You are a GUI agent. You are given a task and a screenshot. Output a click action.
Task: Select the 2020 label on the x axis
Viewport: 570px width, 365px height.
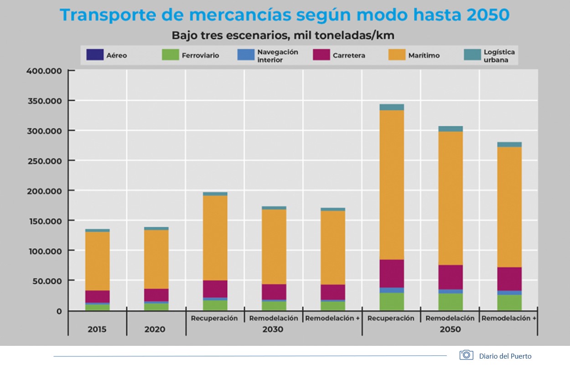click(x=155, y=329)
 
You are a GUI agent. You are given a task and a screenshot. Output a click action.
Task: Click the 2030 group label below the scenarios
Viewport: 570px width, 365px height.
click(x=273, y=329)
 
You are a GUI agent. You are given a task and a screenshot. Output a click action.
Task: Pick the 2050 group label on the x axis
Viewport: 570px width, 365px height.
click(x=450, y=329)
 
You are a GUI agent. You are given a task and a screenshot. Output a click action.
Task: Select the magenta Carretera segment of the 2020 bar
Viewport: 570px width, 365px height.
click(x=156, y=295)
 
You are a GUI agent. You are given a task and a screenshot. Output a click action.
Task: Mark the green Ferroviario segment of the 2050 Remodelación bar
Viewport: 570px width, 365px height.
click(x=451, y=302)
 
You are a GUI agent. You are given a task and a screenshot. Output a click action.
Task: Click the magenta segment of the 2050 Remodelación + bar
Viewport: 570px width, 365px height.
click(x=509, y=279)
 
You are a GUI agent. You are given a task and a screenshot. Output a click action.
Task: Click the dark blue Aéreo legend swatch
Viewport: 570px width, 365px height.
click(x=94, y=55)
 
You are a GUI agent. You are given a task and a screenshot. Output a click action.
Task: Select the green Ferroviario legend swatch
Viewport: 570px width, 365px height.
click(x=170, y=55)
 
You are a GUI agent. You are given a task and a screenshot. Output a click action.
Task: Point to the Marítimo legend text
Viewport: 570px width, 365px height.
click(x=424, y=56)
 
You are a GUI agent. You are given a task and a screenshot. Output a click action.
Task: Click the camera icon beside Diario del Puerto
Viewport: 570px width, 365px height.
click(x=466, y=355)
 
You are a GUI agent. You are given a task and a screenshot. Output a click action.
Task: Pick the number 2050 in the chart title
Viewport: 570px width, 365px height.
click(x=487, y=15)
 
